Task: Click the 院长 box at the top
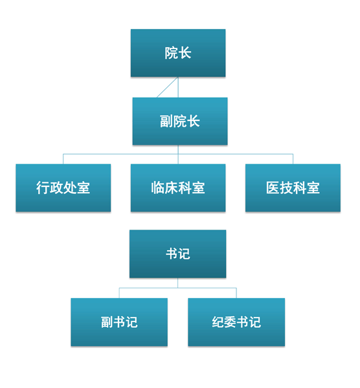pos(178,53)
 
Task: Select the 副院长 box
pos(180,122)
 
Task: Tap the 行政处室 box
pos(63,188)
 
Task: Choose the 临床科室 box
pos(178,188)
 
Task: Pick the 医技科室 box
pos(293,188)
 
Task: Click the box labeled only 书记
pos(177,254)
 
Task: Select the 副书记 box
pos(119,322)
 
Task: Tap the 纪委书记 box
pos(236,322)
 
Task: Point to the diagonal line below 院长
pos(168,87)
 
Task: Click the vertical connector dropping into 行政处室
pos(63,159)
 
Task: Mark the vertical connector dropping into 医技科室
pos(293,159)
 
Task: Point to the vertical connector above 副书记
pos(119,293)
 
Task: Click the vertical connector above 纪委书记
pos(236,293)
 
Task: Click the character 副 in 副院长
pos(166,122)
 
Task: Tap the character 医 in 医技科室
pos(273,188)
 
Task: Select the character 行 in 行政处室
pos(43,188)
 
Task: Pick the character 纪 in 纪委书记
pos(218,322)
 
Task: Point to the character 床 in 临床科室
pos(171,188)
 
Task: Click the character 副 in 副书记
pos(107,322)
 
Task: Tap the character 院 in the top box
pos(171,53)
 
